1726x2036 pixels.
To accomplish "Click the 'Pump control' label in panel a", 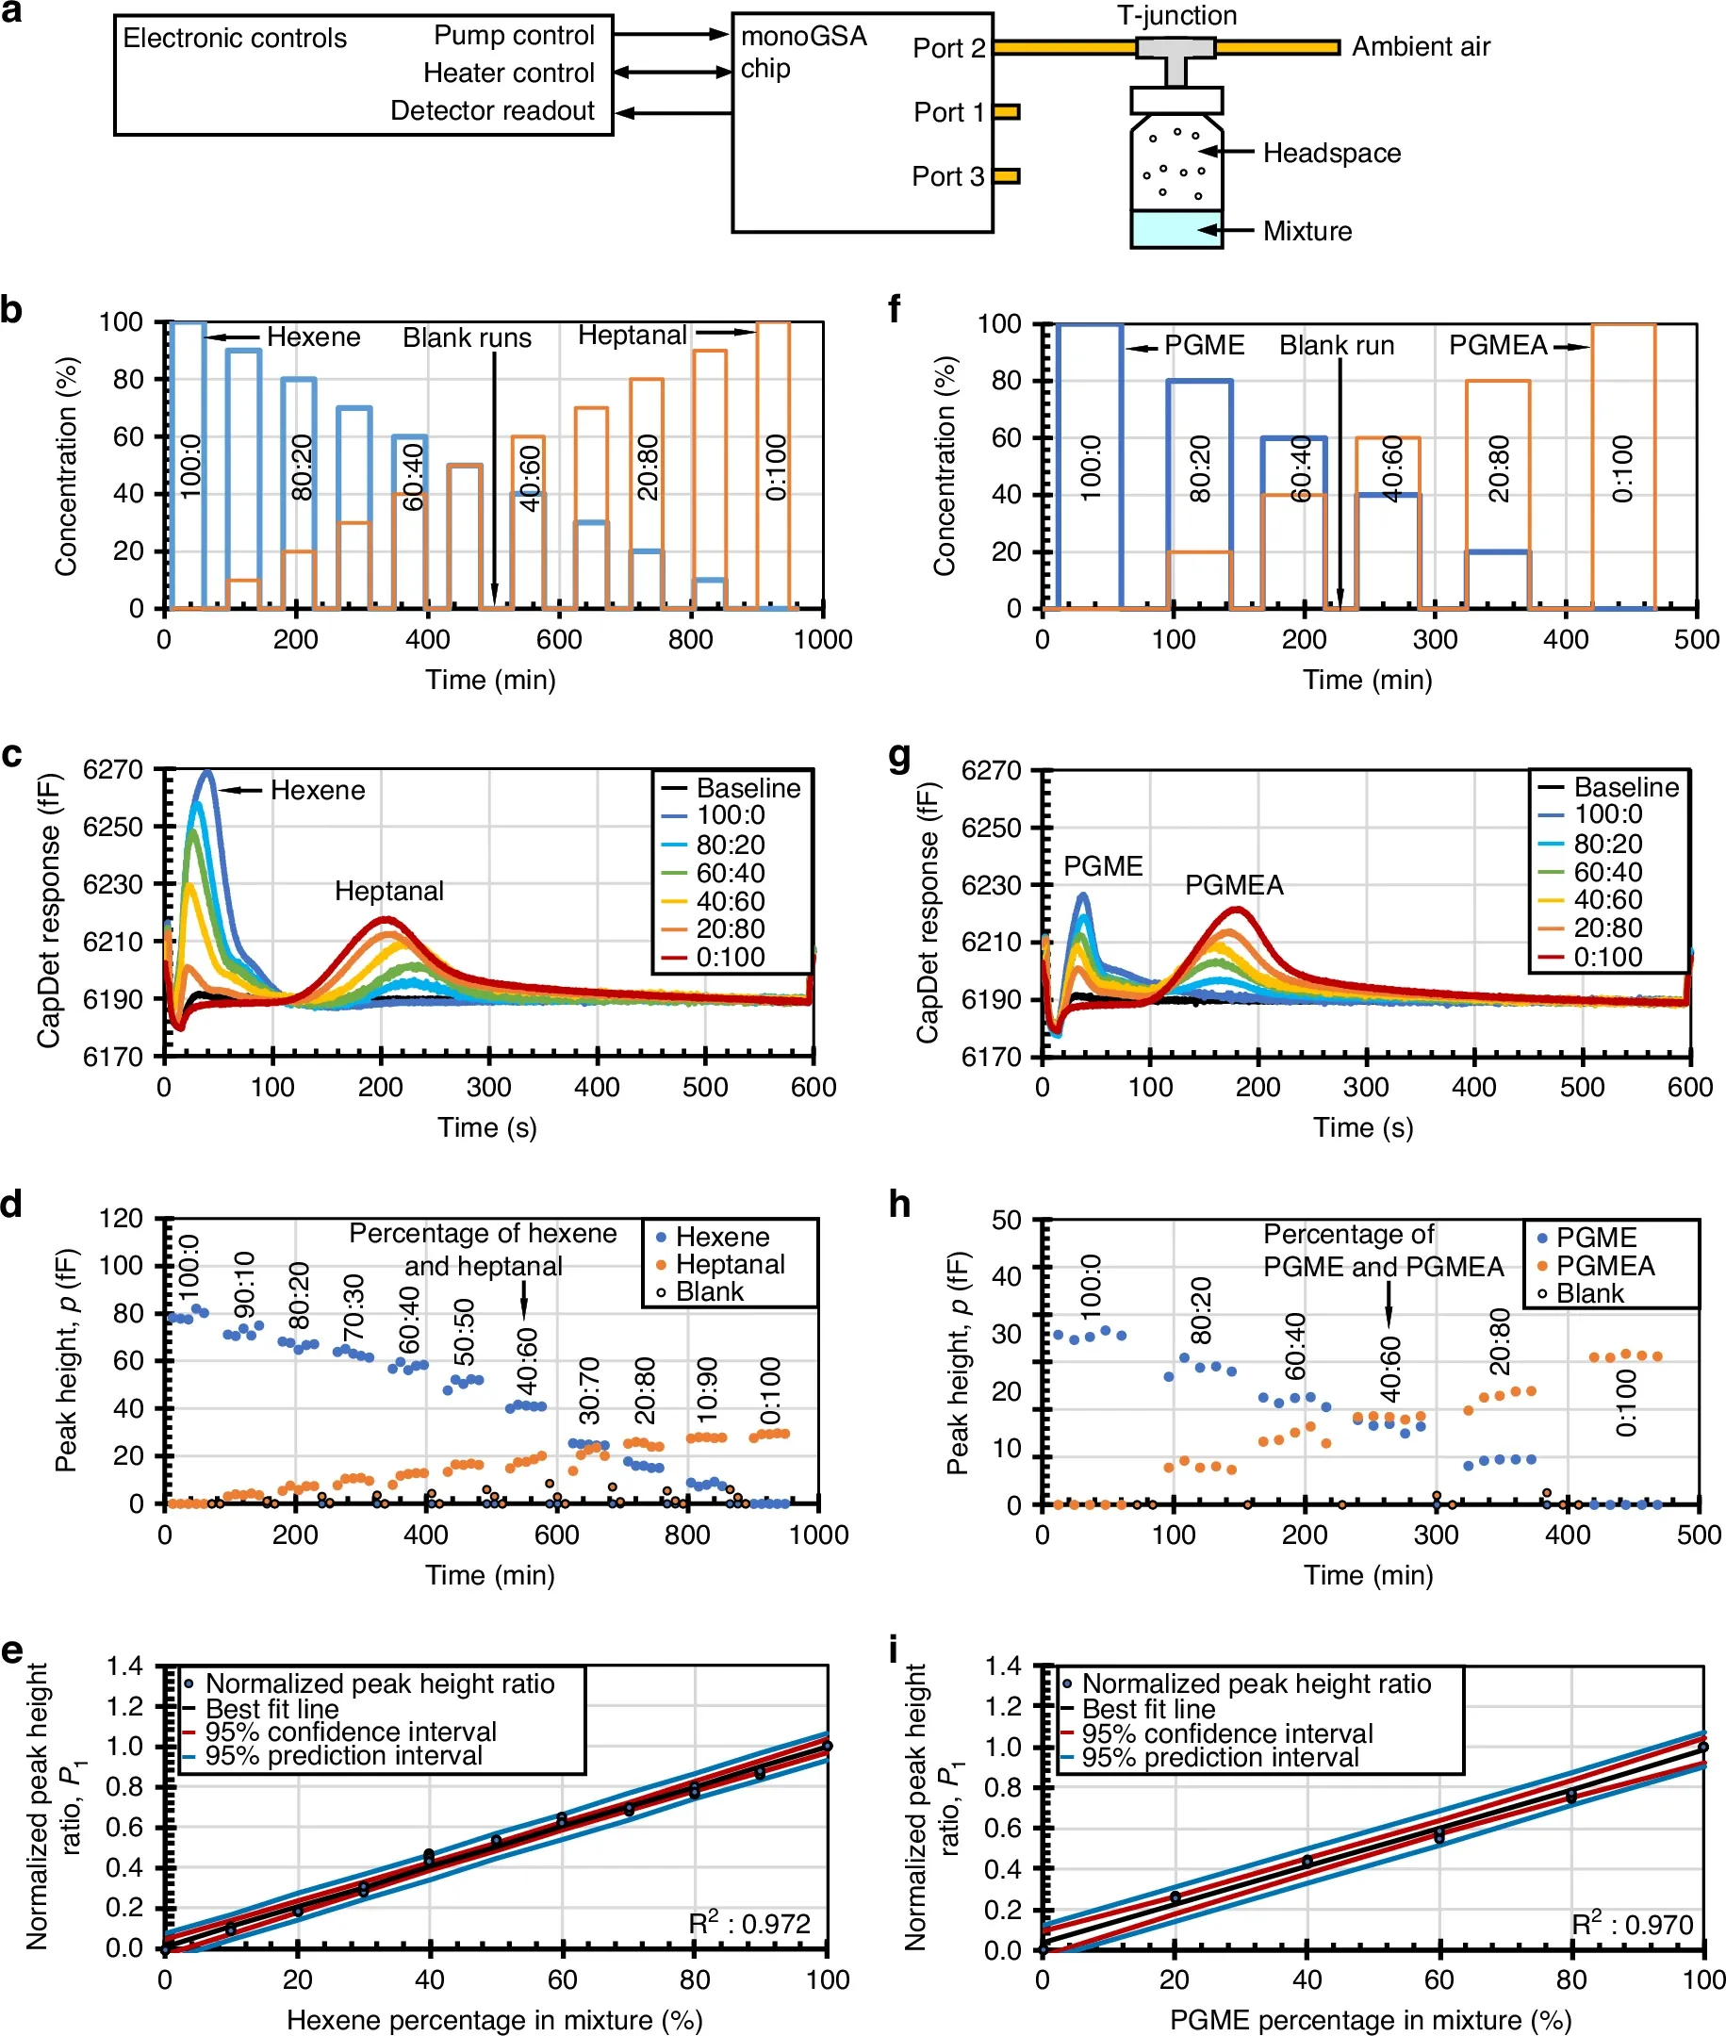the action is (514, 35).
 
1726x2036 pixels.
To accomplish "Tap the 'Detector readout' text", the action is (492, 110).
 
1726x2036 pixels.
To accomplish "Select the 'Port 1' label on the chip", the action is (948, 112).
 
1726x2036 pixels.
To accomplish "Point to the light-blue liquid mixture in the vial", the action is (1176, 229).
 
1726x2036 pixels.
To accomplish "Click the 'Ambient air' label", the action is (1421, 47).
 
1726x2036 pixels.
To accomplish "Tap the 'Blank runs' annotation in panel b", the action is (467, 337).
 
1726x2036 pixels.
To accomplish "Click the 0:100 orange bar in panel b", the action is (773, 465).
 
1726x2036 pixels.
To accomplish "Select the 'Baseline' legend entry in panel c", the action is (731, 788).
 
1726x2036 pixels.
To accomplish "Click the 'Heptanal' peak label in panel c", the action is (389, 891).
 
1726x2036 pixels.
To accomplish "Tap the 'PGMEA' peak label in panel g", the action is (1234, 884).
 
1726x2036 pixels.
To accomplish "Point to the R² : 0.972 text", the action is (749, 1923).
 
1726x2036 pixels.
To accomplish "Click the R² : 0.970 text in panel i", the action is (1632, 1924).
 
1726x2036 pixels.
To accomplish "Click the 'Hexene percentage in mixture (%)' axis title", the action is (494, 2019).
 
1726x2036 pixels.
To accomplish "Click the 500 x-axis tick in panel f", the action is (1697, 640).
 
